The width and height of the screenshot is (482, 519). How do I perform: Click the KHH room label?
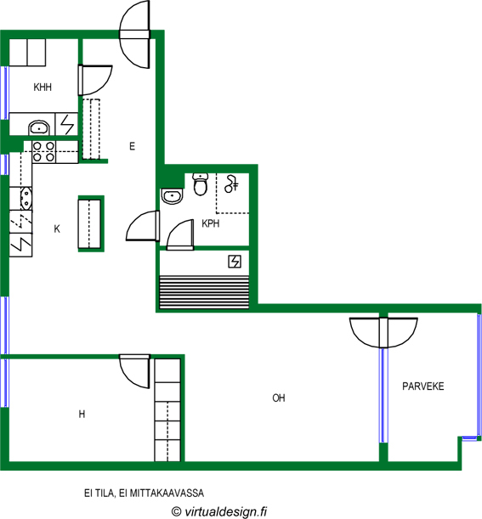43,87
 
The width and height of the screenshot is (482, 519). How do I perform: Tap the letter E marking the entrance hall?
132,146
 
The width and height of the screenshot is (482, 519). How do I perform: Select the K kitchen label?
57,228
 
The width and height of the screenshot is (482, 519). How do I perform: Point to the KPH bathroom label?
211,223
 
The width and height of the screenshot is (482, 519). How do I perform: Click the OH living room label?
279,398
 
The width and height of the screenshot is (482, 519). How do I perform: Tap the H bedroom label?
82,414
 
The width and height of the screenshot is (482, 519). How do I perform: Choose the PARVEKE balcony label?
423,386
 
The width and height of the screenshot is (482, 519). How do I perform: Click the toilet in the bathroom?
201,184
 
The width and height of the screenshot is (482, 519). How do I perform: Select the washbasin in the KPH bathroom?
172,196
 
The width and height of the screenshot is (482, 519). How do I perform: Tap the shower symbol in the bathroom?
231,184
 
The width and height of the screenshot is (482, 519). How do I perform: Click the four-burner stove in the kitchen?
43,151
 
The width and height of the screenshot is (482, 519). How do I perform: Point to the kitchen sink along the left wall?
26,199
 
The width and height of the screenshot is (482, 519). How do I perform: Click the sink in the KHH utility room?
39,127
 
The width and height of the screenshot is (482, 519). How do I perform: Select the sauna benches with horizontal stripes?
204,292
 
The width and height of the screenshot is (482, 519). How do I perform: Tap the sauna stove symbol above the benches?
235,262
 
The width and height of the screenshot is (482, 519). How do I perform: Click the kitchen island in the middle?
89,223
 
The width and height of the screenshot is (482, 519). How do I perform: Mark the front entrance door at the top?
135,35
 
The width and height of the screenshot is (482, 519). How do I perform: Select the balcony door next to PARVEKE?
383,333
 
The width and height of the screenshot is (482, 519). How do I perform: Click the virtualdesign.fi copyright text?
219,511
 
